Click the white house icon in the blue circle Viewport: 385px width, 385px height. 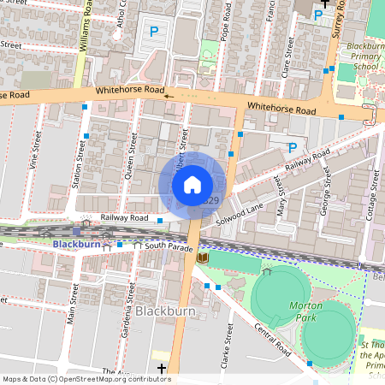pyautogui.click(x=192, y=184)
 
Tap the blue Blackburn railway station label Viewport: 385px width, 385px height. pyautogui.click(x=76, y=244)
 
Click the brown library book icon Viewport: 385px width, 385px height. pyautogui.click(x=202, y=257)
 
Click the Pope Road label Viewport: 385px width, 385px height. pyautogui.click(x=225, y=26)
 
